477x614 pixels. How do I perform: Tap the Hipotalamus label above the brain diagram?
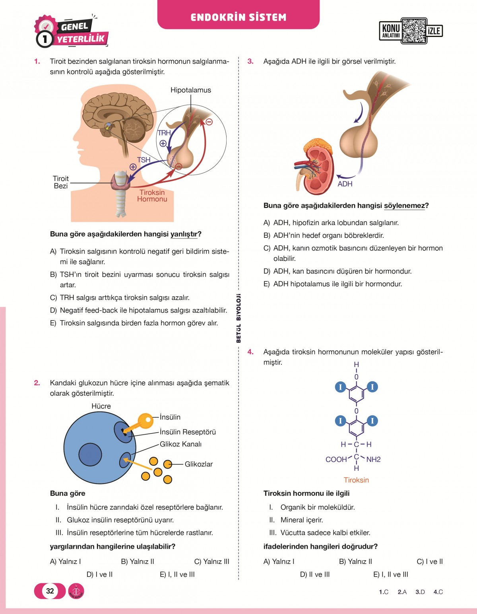coord(190,90)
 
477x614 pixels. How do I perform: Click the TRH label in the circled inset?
coord(164,133)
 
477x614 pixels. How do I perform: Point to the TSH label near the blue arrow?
coord(143,160)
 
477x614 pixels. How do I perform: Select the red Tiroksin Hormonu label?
coord(152,196)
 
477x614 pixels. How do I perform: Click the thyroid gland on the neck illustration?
coord(120,181)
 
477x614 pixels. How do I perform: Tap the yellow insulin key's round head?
coord(145,420)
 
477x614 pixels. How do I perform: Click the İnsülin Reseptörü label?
coord(188,432)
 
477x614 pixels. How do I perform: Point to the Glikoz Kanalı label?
coord(180,444)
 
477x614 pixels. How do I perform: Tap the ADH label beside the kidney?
coord(345,184)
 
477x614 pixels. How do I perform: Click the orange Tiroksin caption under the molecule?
coord(356,480)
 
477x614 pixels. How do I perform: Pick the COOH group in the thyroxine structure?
coord(336,460)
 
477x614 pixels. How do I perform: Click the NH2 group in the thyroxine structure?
coord(373,460)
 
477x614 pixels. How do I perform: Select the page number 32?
coord(50,591)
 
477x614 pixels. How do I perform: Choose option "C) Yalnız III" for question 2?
coord(211,562)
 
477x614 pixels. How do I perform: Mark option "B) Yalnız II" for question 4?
coord(355,562)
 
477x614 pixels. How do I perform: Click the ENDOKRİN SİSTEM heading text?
coord(238,17)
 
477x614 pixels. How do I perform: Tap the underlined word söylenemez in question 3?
coord(404,206)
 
